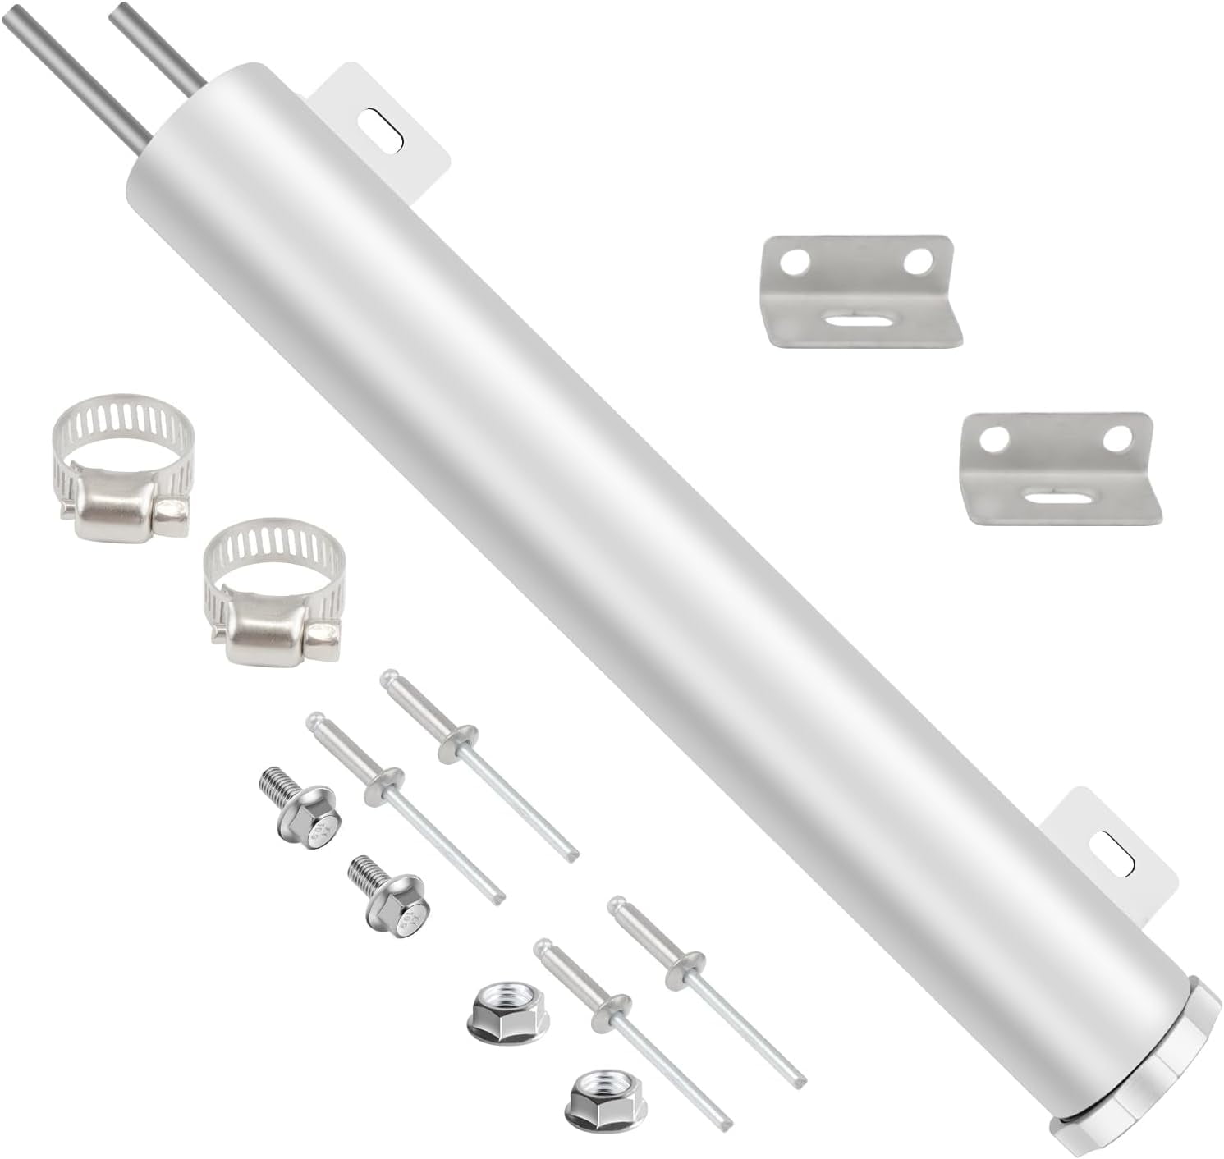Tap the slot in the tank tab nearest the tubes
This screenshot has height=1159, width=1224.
[x=383, y=129]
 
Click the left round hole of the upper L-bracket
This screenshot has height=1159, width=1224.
[x=793, y=263]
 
